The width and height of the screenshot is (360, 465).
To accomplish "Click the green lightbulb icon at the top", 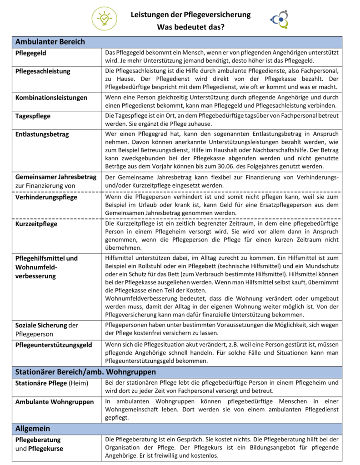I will [105, 19].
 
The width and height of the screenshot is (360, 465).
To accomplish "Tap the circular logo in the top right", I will [280, 19].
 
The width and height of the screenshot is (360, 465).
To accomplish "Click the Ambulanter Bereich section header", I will [50, 42].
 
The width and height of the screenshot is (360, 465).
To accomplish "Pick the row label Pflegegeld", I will [31, 53].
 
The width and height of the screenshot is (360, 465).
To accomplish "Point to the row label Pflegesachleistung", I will [43, 71].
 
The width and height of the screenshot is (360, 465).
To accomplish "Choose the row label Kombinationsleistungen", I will [51, 98].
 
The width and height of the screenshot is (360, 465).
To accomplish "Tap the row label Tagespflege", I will [33, 116].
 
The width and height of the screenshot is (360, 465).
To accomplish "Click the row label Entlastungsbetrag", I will [42, 134].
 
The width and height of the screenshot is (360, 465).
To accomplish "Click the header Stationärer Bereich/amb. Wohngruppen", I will [85, 372].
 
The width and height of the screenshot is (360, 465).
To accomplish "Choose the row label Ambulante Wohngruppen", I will [55, 402].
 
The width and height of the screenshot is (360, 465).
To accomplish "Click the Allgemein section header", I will [33, 428].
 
